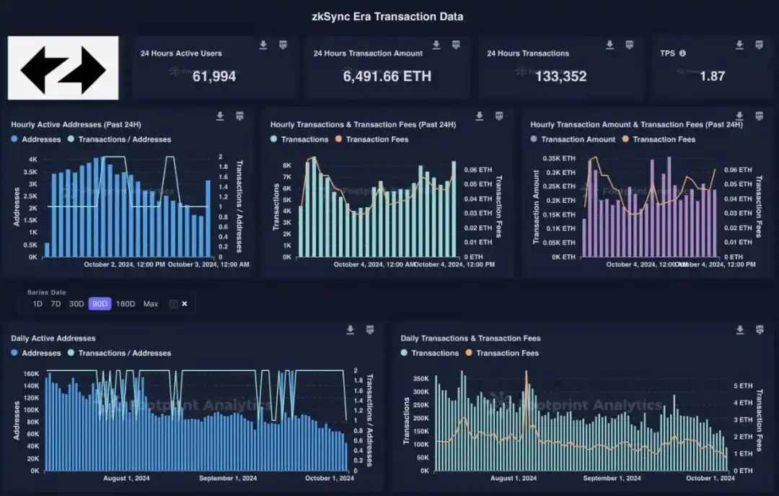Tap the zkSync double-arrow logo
[63, 69]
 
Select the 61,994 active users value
[214, 76]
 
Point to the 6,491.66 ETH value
[387, 76]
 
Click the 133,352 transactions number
[560, 76]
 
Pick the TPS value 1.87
[712, 76]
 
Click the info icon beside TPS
[682, 53]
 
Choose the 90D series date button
[100, 304]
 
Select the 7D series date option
[56, 304]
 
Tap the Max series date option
[151, 304]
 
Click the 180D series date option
[126, 304]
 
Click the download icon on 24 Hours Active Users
[263, 45]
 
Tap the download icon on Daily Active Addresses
[350, 330]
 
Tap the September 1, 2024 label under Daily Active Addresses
[228, 478]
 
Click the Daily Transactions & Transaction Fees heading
[470, 338]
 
